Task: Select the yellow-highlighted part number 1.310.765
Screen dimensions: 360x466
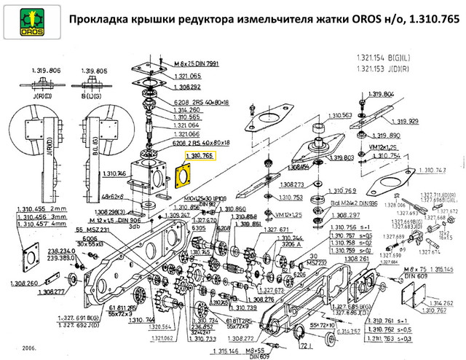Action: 200,156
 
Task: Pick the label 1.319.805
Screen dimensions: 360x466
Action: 96,71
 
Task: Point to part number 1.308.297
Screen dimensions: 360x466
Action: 345,216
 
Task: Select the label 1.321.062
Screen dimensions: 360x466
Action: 166,338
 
